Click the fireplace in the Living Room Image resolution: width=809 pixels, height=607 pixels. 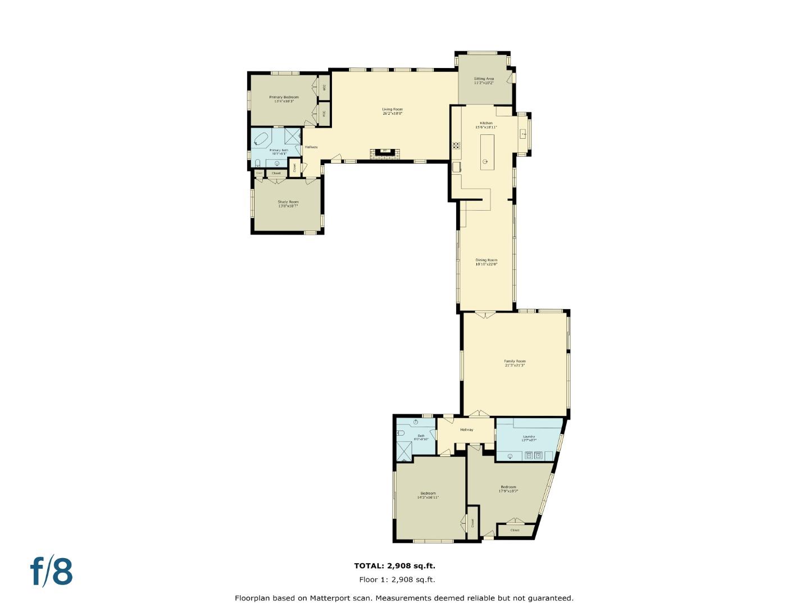coord(384,152)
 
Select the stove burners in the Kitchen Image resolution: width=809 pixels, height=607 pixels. coord(456,146)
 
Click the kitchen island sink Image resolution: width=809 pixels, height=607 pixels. coord(486,161)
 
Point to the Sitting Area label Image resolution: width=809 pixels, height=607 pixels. coord(484,79)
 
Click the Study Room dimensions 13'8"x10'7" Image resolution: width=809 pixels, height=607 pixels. coord(288,206)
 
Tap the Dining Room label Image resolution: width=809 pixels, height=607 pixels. coord(487,260)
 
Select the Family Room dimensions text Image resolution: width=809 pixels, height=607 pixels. coord(515,365)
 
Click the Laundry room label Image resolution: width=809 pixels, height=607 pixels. coord(529,436)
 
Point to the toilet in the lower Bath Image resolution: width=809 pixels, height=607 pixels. coord(401,433)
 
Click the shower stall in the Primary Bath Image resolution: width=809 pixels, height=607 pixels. coord(292,136)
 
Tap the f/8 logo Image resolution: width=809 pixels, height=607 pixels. coord(52,572)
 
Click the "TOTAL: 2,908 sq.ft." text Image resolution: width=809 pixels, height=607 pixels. coord(394,566)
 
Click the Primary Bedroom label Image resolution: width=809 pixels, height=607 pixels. coord(284,97)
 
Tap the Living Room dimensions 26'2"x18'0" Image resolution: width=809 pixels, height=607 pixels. coord(392,114)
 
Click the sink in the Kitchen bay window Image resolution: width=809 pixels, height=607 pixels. coord(523,133)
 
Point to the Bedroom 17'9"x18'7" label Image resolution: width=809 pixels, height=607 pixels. coord(508,487)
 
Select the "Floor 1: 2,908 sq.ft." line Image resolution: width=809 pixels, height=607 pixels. coord(397,579)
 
